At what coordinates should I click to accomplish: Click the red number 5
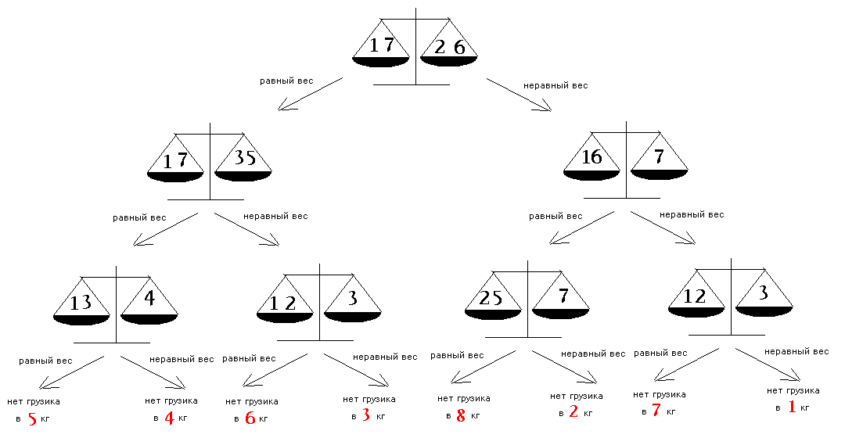[x=32, y=419]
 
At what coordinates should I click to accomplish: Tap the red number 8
[x=461, y=416]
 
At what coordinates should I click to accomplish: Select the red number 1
[x=792, y=407]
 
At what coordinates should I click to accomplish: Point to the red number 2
[x=574, y=412]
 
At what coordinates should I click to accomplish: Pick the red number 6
[x=250, y=418]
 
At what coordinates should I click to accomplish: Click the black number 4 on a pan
[x=149, y=297]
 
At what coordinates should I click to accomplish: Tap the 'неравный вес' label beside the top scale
[x=556, y=86]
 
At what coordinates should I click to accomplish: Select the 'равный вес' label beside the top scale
[x=286, y=81]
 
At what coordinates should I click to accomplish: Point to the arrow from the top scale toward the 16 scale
[x=519, y=95]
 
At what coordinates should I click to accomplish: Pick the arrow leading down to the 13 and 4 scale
[x=165, y=229]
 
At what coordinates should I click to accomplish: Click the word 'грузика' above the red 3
[x=376, y=399]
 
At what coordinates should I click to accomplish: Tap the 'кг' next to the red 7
[x=671, y=412]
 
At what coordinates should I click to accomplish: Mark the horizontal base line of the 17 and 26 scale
[x=412, y=84]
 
